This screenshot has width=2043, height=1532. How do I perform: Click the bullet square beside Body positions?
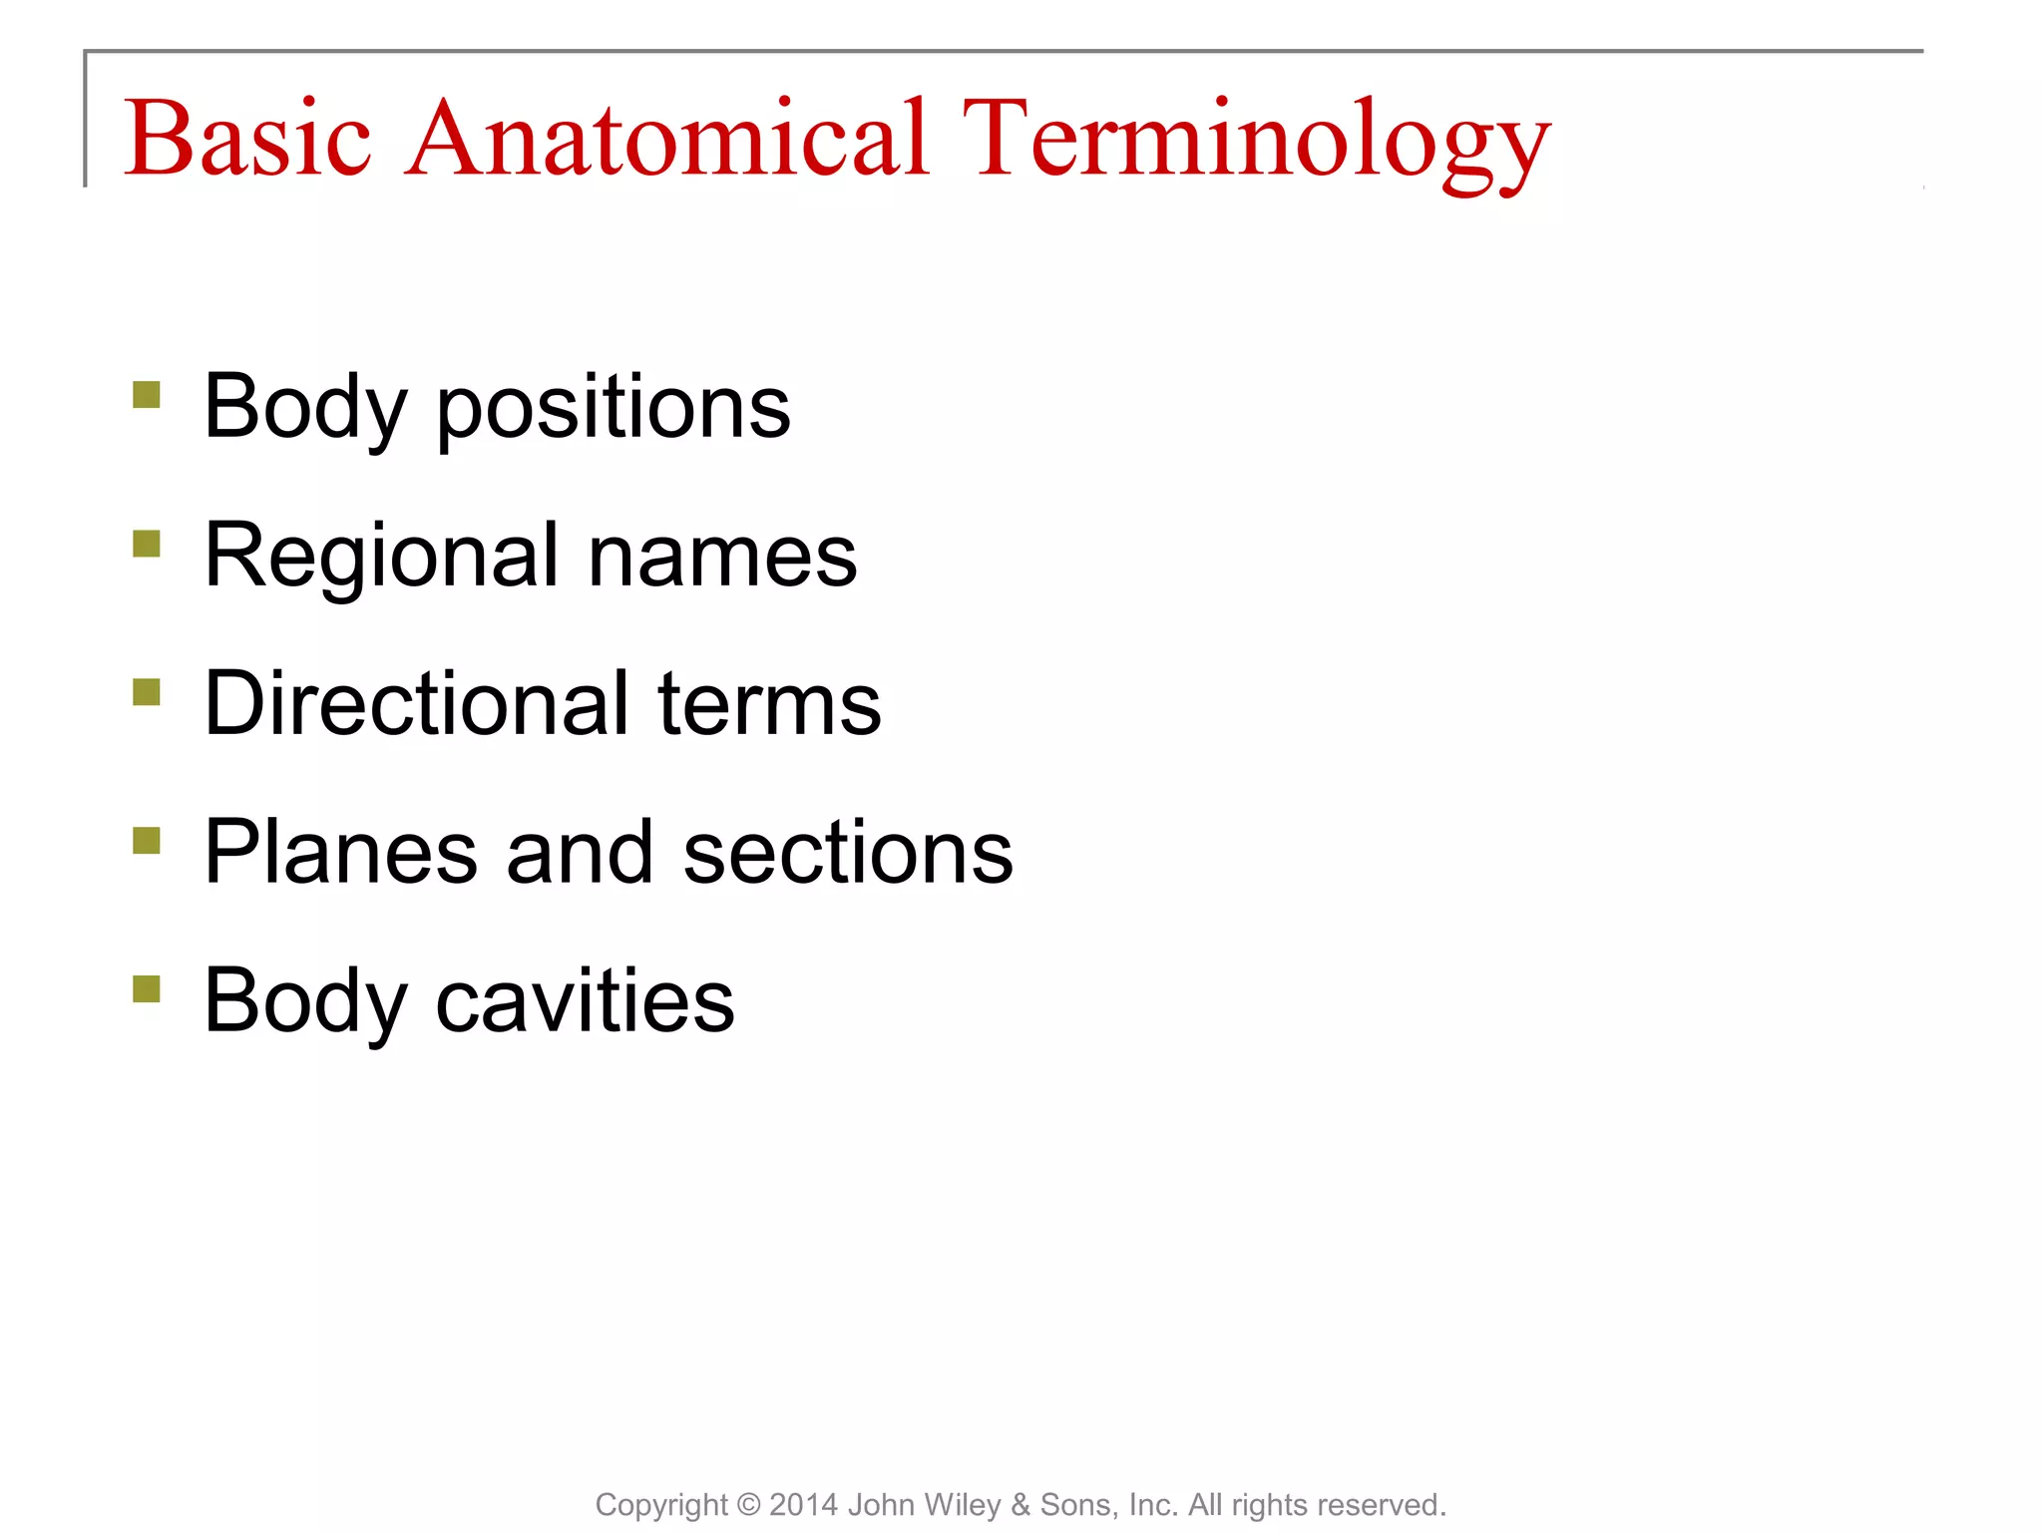click(147, 395)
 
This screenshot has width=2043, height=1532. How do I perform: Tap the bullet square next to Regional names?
click(147, 544)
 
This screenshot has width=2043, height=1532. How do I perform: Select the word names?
click(722, 556)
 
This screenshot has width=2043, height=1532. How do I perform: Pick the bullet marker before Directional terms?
click(147, 692)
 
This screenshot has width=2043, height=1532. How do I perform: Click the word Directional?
click(416, 703)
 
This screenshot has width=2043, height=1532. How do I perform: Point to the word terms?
click(769, 703)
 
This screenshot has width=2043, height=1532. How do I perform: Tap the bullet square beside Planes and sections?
click(147, 841)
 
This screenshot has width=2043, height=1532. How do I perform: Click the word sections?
click(848, 852)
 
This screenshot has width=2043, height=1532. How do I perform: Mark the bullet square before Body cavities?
click(147, 989)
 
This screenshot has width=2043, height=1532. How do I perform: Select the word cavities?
click(585, 1000)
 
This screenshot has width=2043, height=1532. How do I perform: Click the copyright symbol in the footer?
click(748, 1505)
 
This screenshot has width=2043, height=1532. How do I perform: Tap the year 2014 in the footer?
click(804, 1505)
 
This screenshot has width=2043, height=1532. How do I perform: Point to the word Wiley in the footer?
click(967, 1505)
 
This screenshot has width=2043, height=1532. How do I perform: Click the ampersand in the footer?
click(1021, 1505)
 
